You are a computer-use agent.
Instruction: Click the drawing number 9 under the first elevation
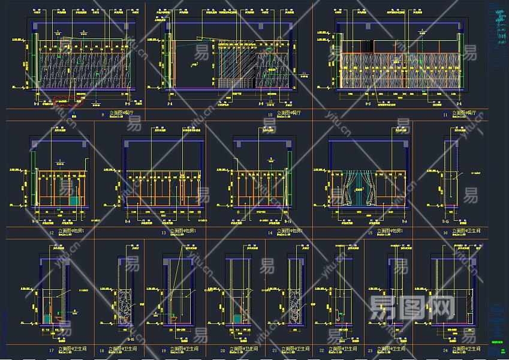(x=103, y=113)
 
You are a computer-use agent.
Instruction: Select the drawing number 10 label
(x=270, y=113)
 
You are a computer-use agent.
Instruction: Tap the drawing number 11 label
(x=445, y=113)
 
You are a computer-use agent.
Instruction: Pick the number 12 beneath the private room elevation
(x=52, y=232)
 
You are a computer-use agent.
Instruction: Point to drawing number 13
(x=163, y=232)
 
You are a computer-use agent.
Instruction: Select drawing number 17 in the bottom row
(x=52, y=350)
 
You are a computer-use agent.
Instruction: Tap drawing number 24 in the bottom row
(x=445, y=350)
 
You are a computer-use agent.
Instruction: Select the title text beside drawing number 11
(x=469, y=113)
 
